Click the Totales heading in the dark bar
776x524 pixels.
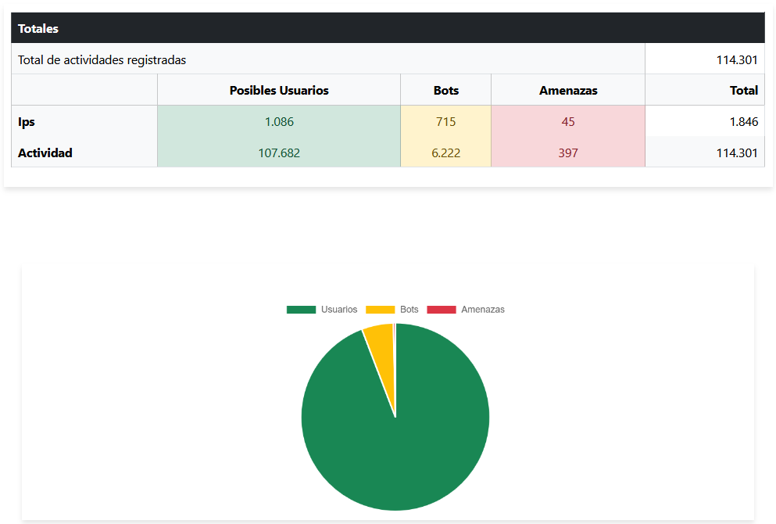[x=38, y=29]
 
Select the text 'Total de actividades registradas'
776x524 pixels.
[x=102, y=59]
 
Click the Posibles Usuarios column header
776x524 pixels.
[x=279, y=91]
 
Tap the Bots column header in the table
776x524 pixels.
[x=446, y=91]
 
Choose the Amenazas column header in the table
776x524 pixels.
[x=568, y=91]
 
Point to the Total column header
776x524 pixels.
[x=743, y=91]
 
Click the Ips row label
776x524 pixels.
[x=27, y=122]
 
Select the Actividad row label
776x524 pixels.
[x=45, y=153]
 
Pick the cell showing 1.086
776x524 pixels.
[x=279, y=122]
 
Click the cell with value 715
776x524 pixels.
[x=446, y=122]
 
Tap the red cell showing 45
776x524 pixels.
[x=568, y=122]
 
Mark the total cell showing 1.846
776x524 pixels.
[x=743, y=122]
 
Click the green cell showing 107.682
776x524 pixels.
[x=279, y=153]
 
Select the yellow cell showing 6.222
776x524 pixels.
[x=446, y=153]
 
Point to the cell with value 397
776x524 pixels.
[x=568, y=153]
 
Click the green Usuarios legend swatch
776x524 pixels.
[x=301, y=310]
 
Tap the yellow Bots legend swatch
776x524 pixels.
[x=380, y=310]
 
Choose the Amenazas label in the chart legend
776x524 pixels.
[x=482, y=310]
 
